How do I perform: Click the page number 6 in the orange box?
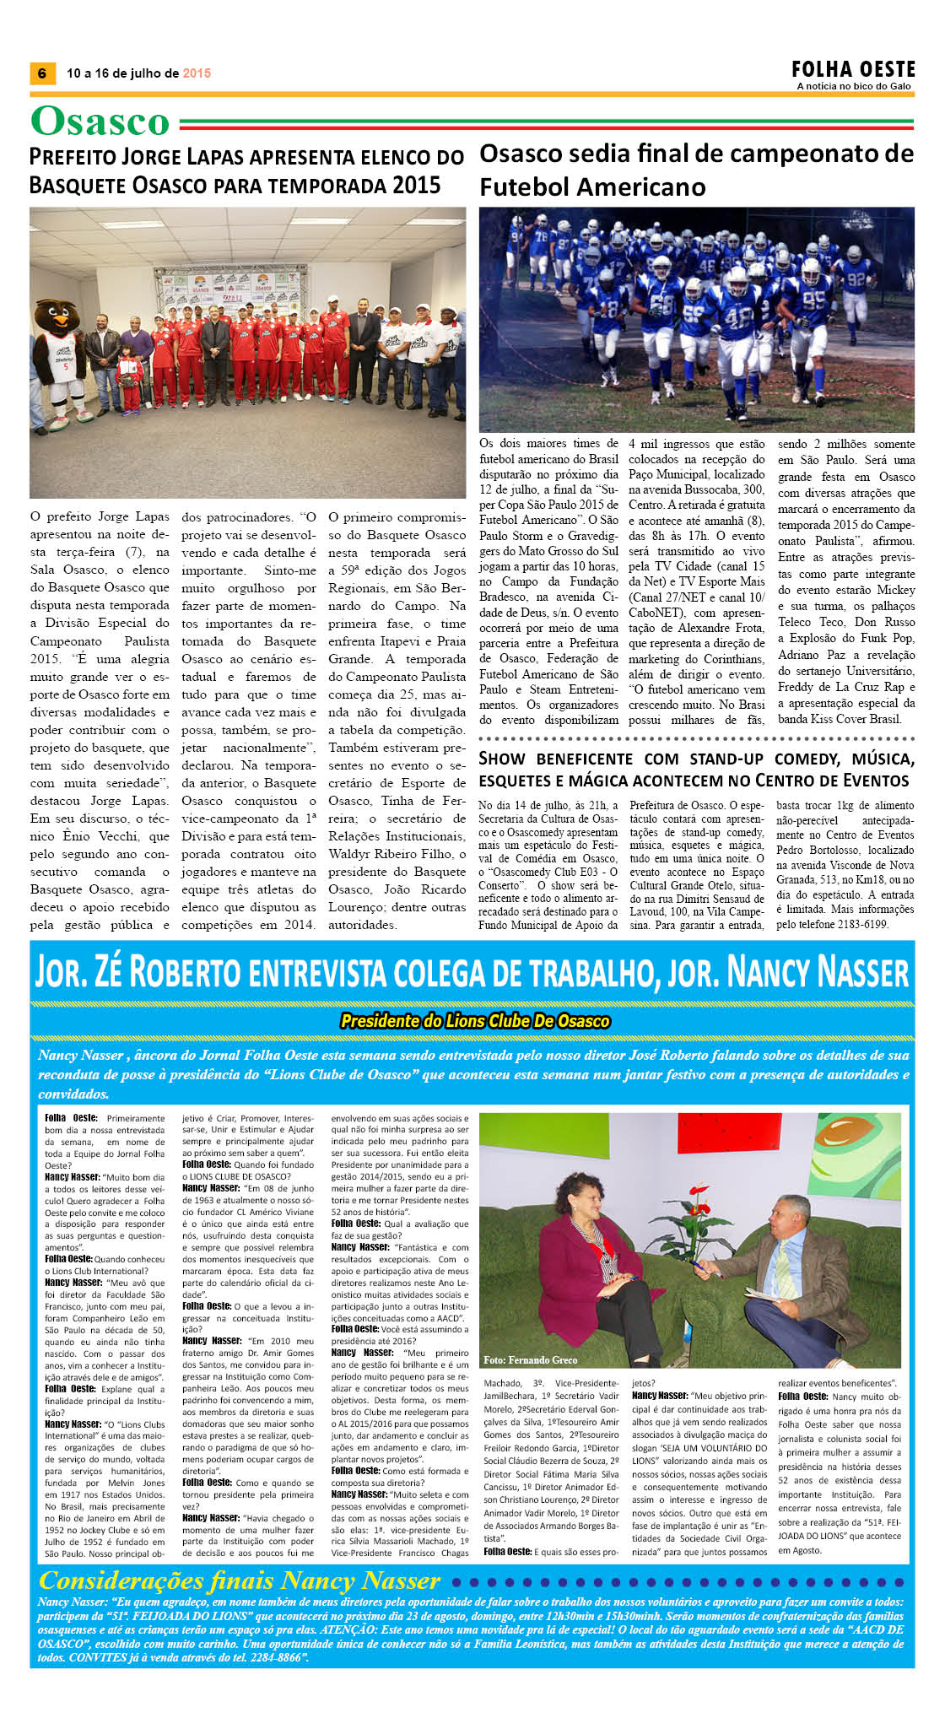pyautogui.click(x=42, y=73)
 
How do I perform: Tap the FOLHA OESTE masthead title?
pyautogui.click(x=853, y=69)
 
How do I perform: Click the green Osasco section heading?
pyautogui.click(x=100, y=122)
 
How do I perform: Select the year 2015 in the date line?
pyautogui.click(x=197, y=73)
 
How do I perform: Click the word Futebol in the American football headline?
pyautogui.click(x=522, y=186)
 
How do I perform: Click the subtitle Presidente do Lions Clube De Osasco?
pyautogui.click(x=474, y=1021)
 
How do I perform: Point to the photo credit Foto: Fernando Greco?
pyautogui.click(x=530, y=1359)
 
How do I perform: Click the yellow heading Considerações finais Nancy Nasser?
pyautogui.click(x=240, y=1580)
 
